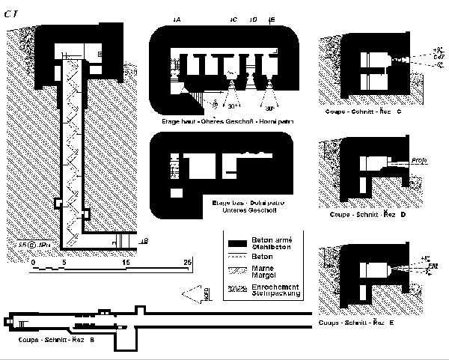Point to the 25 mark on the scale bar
tap(189, 262)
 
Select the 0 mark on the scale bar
tap(34, 262)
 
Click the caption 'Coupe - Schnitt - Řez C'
tap(365, 112)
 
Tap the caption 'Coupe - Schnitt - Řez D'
tap(367, 215)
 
